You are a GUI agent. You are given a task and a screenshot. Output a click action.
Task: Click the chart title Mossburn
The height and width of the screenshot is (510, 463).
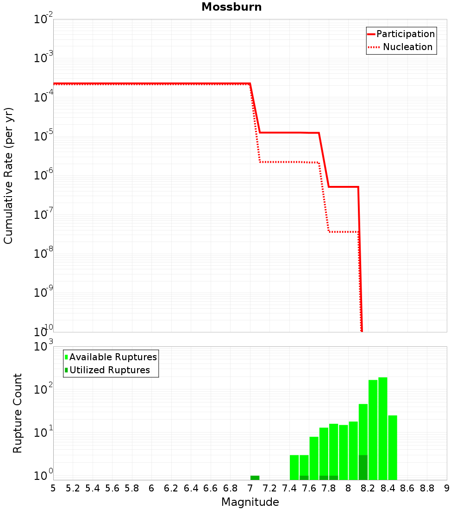coord(231,7)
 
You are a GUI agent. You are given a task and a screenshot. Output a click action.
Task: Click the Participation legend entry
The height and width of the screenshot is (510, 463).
coord(405,34)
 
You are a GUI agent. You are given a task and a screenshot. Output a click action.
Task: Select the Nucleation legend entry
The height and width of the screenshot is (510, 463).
coord(407,47)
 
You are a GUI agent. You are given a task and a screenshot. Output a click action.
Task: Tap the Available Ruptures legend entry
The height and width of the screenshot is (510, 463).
coord(113,357)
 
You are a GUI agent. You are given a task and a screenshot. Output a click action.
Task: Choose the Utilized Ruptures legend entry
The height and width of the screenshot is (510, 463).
coord(109,370)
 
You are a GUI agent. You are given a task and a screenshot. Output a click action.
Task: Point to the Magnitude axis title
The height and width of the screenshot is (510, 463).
coord(250,502)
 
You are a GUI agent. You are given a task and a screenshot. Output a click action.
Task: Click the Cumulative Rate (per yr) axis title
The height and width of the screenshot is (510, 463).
coord(8,176)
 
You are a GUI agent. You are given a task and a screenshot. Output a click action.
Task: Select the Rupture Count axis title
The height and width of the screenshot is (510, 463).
coord(18,413)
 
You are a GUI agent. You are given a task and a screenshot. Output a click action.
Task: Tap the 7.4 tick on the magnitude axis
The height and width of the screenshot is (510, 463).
coord(289,489)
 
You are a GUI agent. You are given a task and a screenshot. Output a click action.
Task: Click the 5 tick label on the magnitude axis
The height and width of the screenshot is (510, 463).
coord(53,489)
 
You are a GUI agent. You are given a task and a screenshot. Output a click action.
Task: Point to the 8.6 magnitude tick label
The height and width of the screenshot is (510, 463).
coord(407,489)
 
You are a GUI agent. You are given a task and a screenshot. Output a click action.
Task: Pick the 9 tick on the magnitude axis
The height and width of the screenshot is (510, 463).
coord(447,489)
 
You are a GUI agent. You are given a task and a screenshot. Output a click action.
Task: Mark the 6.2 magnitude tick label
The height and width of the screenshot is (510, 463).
coord(171,489)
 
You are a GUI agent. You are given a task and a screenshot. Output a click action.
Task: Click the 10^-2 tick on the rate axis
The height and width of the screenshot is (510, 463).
coord(44,20)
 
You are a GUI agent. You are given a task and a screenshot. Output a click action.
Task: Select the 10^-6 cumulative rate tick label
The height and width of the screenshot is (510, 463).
coord(44,176)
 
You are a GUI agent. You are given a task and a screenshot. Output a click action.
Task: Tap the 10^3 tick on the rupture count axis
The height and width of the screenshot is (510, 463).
coord(44,347)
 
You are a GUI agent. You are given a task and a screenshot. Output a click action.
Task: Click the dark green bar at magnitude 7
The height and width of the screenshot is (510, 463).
coord(255,478)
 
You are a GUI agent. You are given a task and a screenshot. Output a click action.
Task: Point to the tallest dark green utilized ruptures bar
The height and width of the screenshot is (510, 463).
coord(363,467)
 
